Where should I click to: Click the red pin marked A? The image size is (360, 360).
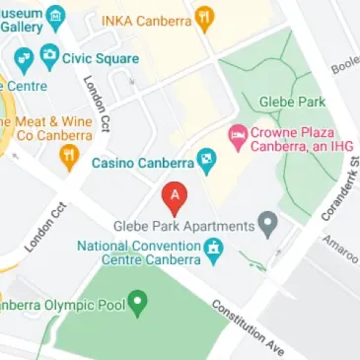(x=176, y=198)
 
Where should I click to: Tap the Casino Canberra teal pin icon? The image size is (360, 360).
(x=206, y=159)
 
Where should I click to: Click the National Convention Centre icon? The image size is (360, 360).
(x=212, y=250)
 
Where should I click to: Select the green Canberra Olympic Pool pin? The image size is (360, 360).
(x=138, y=301)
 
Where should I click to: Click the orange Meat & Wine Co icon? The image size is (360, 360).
(x=68, y=155)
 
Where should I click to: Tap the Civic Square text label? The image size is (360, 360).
(x=101, y=58)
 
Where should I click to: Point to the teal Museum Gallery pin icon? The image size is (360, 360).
(x=56, y=15)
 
